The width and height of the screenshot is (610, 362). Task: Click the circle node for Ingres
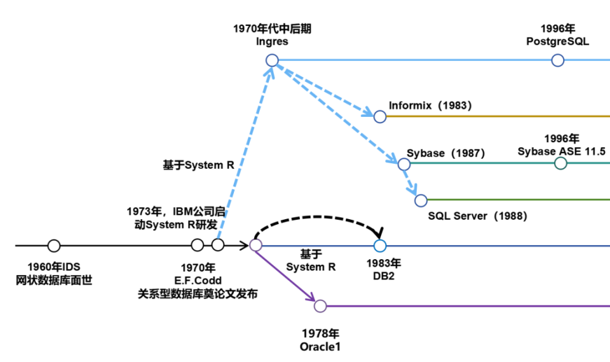click(x=272, y=60)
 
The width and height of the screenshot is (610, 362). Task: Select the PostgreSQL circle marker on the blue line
click(x=557, y=60)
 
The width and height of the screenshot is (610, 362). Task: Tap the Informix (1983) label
click(x=430, y=106)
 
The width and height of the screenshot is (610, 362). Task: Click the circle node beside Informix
click(x=380, y=116)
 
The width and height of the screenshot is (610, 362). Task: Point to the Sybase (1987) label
click(x=445, y=153)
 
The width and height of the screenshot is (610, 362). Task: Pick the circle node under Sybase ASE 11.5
click(x=560, y=164)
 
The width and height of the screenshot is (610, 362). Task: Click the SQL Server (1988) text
click(x=477, y=216)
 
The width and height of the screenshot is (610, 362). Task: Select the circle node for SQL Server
click(x=421, y=201)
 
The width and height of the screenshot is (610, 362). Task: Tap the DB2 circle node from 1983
click(x=380, y=245)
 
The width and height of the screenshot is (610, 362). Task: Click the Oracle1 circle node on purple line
click(x=320, y=306)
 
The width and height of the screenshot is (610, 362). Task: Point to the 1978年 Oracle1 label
click(x=320, y=340)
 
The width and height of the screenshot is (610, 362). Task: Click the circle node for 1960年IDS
click(x=54, y=245)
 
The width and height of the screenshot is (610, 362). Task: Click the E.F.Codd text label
click(x=198, y=280)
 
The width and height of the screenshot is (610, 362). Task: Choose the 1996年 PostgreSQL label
click(x=557, y=35)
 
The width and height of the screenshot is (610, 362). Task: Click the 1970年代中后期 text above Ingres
click(x=272, y=29)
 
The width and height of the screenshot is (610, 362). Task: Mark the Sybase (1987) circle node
click(x=404, y=164)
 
